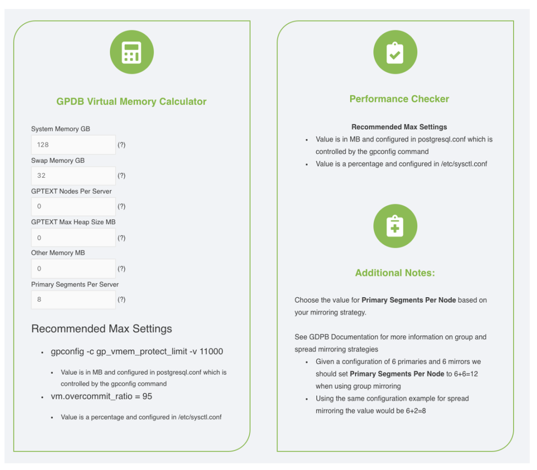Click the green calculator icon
click(x=131, y=52)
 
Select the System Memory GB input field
click(x=73, y=145)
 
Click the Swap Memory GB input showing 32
click(x=73, y=175)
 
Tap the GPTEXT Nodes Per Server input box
click(x=73, y=206)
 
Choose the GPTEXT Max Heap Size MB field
click(x=73, y=237)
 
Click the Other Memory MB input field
click(x=73, y=269)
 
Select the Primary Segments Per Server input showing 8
click(x=73, y=300)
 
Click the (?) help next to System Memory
click(x=121, y=145)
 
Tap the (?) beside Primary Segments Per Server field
click(x=121, y=300)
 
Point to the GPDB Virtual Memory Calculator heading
click(x=131, y=101)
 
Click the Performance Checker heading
click(x=399, y=99)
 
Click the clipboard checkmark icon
click(x=395, y=52)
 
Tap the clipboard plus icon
click(x=395, y=226)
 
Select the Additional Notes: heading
click(x=395, y=273)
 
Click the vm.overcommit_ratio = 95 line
click(x=101, y=396)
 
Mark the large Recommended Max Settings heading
click(x=101, y=329)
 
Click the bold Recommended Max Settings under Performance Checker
click(x=399, y=127)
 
